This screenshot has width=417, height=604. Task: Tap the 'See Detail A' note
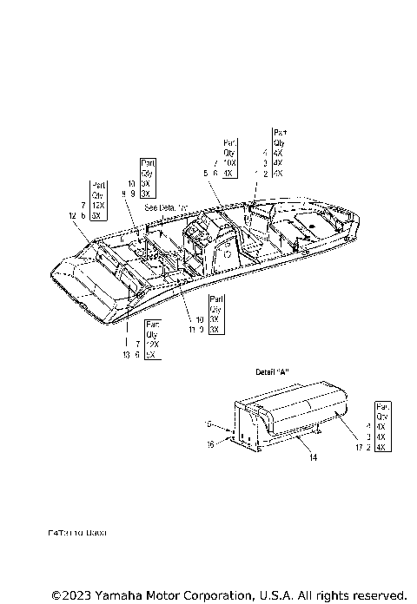pos(165,208)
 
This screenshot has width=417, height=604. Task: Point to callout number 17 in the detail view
pos(359,447)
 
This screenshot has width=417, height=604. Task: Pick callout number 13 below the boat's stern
pos(127,355)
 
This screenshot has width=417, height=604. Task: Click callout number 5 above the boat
pos(205,174)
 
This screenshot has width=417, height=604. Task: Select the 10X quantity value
pos(229,163)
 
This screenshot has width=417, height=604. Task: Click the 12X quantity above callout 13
pos(153,345)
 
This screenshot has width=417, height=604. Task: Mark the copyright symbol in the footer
pos(57,595)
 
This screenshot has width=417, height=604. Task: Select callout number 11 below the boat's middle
pos(191,330)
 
